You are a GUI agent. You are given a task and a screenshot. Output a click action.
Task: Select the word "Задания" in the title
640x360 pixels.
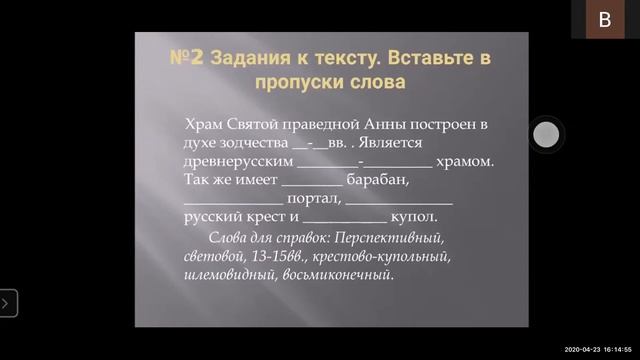pos(251,58)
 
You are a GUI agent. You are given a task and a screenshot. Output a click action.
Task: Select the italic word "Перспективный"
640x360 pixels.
pos(389,238)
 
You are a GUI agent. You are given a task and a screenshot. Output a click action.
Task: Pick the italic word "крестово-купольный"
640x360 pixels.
pos(388,256)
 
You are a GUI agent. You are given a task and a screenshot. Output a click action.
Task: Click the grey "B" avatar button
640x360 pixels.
pos(604,20)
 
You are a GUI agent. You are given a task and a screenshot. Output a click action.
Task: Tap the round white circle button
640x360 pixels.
pos(547,134)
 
